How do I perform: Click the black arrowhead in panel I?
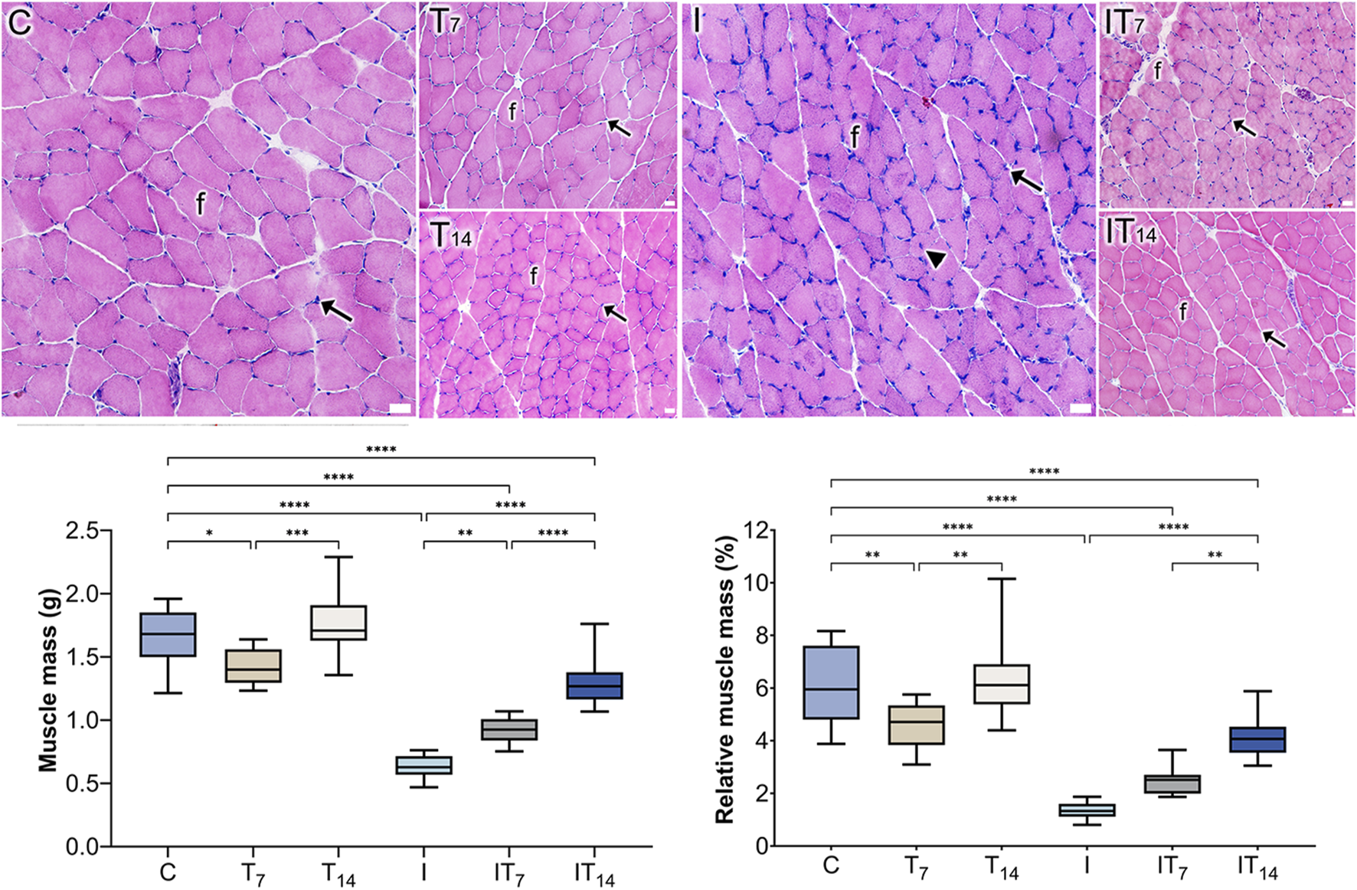pos(934,260)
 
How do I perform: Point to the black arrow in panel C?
pos(336,309)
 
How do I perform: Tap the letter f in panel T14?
pos(534,275)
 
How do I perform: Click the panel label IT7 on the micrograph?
pos(1124,22)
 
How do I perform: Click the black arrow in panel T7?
pos(620,128)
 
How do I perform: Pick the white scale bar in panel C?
pos(400,409)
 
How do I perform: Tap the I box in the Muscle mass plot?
pos(423,765)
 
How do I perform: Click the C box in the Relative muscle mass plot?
pos(831,682)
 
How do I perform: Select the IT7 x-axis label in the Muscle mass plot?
pos(509,874)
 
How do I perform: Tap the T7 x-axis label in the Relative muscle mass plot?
pos(916,867)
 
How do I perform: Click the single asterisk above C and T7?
pos(209,534)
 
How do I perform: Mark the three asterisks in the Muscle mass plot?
pos(297,533)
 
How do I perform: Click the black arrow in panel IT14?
pos(1274,338)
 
